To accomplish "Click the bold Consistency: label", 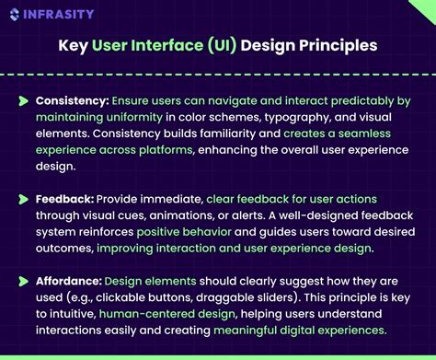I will point(72,100).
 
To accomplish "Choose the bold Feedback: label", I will point(63,199).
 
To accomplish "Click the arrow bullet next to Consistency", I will point(23,100).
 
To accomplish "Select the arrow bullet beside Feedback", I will point(23,199).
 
